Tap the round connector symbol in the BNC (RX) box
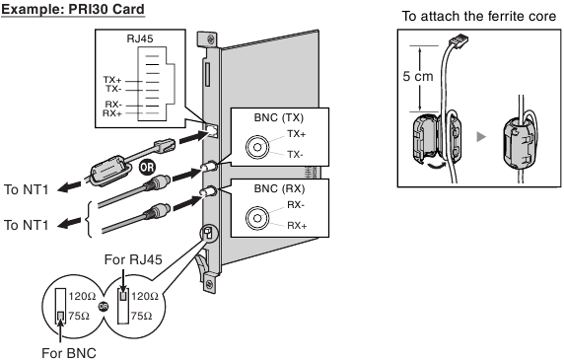(255, 216)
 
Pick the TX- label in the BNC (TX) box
(296, 155)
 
